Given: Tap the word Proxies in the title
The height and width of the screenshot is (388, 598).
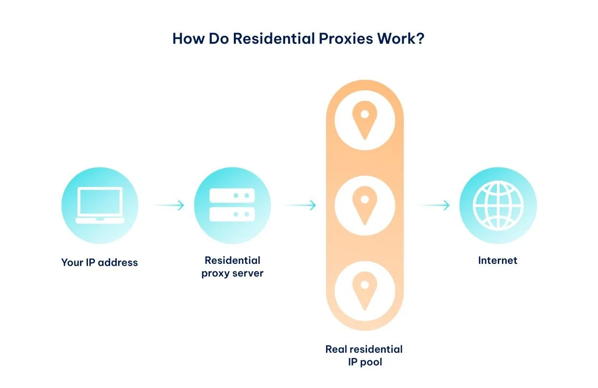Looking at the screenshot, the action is click(346, 39).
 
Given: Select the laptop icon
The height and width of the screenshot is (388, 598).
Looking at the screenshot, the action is click(100, 205).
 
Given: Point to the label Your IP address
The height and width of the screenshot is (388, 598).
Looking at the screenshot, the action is click(100, 262).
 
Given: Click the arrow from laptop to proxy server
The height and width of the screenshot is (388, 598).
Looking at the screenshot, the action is click(167, 205).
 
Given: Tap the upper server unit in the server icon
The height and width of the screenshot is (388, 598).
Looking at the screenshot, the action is click(232, 195).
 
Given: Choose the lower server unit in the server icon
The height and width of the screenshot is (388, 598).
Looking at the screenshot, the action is click(232, 214).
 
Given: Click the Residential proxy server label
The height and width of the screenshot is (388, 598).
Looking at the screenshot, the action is click(232, 267).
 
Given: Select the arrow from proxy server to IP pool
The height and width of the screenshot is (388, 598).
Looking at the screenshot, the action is click(300, 205).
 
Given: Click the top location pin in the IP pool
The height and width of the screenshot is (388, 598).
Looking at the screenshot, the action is click(365, 120).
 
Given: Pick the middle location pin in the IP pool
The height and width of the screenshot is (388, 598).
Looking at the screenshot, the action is click(365, 206).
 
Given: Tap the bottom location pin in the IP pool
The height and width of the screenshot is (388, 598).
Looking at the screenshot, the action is click(365, 291).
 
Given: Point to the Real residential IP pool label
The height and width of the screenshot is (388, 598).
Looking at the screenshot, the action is click(364, 356).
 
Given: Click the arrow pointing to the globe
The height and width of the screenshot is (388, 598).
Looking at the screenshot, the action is click(432, 205).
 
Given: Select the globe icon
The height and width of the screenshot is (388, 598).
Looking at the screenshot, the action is click(498, 206).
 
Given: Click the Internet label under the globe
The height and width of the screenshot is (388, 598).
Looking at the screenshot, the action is click(498, 261).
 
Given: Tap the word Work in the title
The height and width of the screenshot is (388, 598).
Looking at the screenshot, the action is click(396, 39).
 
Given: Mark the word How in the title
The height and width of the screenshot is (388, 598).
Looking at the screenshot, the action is click(189, 39).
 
